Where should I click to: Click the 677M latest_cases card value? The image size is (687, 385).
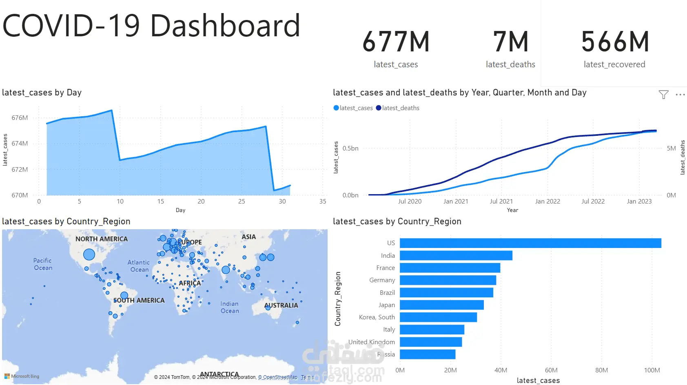click(396, 42)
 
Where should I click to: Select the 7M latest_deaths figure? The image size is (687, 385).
click(510, 42)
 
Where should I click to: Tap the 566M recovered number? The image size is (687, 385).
click(615, 42)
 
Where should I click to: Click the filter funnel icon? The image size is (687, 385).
click(663, 95)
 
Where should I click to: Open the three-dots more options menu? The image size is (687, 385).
click(680, 95)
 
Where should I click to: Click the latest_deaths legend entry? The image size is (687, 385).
click(398, 108)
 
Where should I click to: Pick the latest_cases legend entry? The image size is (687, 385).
click(353, 108)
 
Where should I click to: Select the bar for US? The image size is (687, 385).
click(530, 243)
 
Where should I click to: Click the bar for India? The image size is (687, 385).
click(456, 256)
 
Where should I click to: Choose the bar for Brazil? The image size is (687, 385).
click(446, 292)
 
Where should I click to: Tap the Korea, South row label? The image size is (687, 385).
click(377, 317)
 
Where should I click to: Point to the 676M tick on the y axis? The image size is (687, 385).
click(20, 118)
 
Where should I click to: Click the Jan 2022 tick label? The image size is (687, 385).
click(547, 201)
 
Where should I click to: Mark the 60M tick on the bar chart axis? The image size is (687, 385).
click(551, 370)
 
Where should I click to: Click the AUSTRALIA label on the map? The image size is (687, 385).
click(281, 305)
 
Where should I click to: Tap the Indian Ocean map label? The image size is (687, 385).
click(230, 307)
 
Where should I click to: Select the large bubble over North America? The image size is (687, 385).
click(89, 254)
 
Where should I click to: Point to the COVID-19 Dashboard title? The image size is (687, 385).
click(151, 26)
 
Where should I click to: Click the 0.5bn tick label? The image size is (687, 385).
click(350, 148)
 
